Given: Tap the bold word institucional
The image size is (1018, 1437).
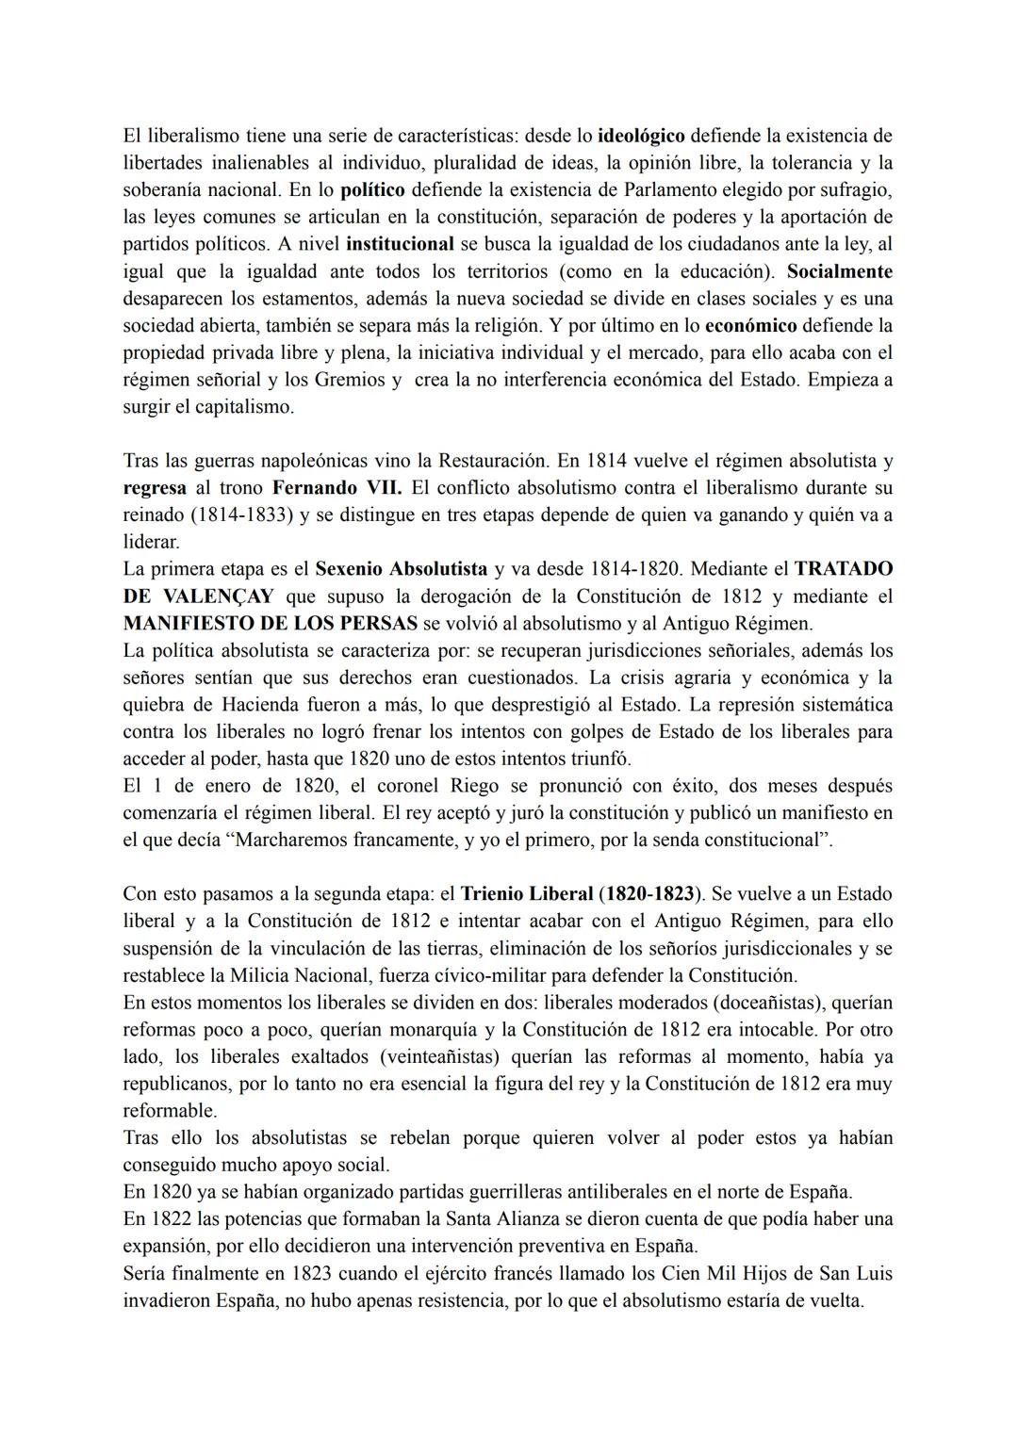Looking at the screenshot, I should pos(401,244).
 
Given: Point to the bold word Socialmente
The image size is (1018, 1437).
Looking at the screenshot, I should pos(840,271).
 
